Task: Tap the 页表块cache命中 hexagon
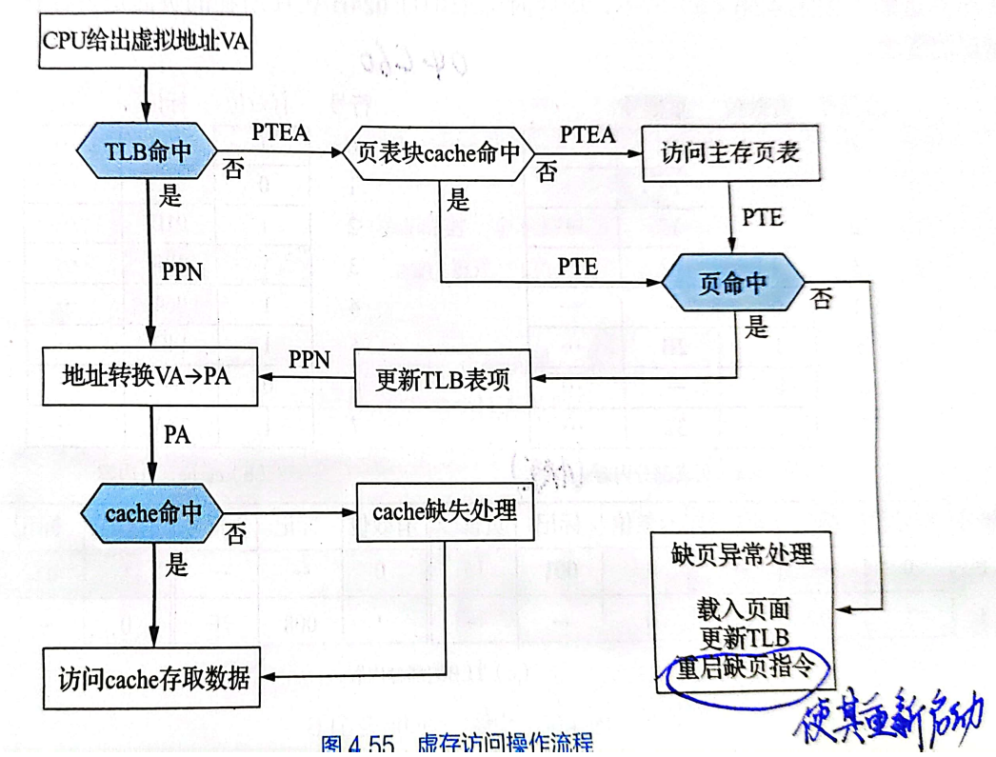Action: pos(438,152)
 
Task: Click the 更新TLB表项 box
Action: pos(443,379)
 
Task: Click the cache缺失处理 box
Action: pos(444,511)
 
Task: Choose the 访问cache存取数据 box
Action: pos(150,679)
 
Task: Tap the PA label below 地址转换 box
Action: pos(177,436)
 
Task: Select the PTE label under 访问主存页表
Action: pos(762,218)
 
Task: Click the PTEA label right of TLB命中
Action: pos(281,131)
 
